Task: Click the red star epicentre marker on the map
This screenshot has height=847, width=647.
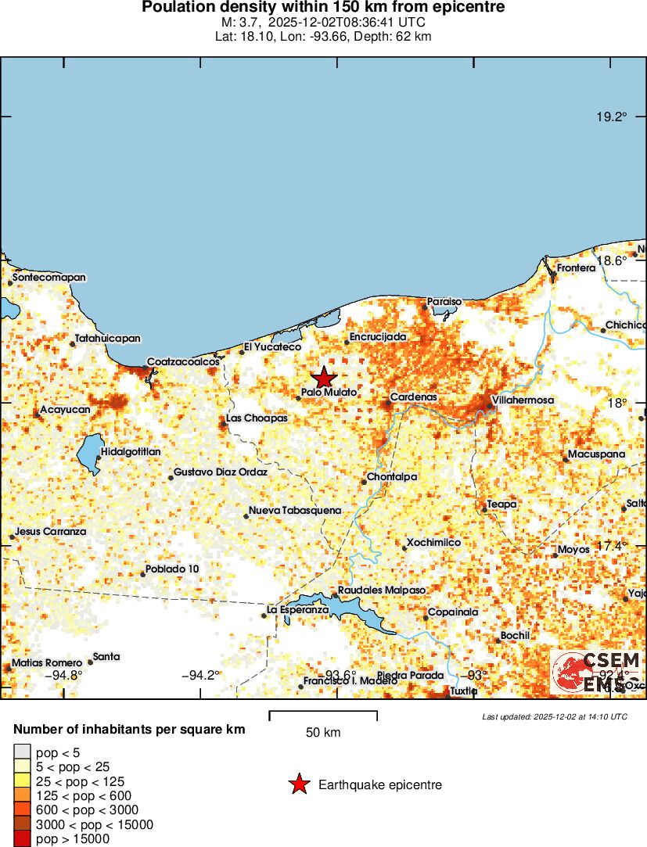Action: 323,378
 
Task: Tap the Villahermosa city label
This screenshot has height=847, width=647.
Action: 523,400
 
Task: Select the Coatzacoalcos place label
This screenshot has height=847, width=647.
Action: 183,362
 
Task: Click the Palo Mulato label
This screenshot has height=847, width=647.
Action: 329,393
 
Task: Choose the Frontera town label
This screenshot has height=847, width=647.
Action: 576,268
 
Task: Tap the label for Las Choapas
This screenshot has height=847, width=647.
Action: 257,418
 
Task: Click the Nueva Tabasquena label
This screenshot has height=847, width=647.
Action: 295,511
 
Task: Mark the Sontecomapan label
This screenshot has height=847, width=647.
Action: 49,278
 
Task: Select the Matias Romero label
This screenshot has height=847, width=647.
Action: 47,663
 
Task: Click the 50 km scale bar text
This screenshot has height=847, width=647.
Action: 323,733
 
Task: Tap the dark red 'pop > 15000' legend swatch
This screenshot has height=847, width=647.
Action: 22,839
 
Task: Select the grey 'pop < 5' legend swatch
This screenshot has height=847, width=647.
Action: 22,752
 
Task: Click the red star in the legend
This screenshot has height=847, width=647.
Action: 299,784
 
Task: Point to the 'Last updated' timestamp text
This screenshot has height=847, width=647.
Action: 555,716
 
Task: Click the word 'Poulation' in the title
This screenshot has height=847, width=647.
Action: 178,8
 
